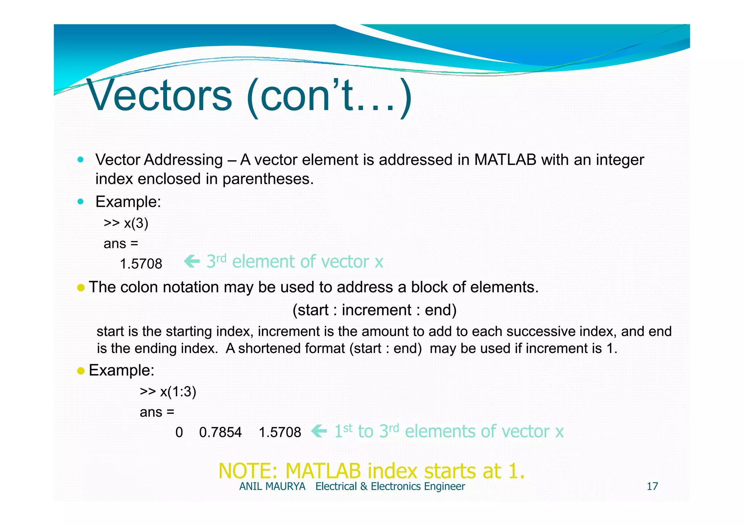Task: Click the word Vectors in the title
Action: [159, 96]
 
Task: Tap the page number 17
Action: [652, 486]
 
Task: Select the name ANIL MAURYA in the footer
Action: [272, 486]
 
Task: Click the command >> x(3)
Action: [126, 223]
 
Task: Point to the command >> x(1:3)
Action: [168, 392]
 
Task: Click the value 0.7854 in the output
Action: [220, 432]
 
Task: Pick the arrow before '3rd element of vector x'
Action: [192, 261]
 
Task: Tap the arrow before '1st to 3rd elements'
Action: [319, 431]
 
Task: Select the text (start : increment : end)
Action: [375, 310]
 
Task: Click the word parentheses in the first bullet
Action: [268, 179]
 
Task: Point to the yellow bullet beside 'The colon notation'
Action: [81, 288]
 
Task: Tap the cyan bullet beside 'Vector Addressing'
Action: [81, 160]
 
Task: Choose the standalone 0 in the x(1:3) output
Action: [179, 432]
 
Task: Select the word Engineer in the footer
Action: [444, 486]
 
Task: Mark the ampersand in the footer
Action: [364, 486]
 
